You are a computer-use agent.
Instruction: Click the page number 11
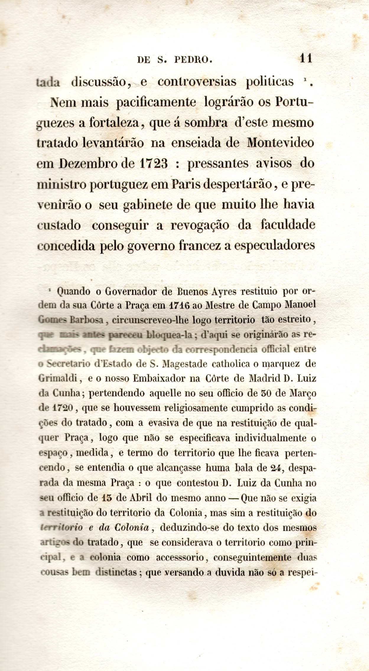click(306, 58)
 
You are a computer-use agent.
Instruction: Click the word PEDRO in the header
click(193, 60)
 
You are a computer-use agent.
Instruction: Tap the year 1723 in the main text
click(153, 164)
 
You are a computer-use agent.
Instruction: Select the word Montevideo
click(280, 143)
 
